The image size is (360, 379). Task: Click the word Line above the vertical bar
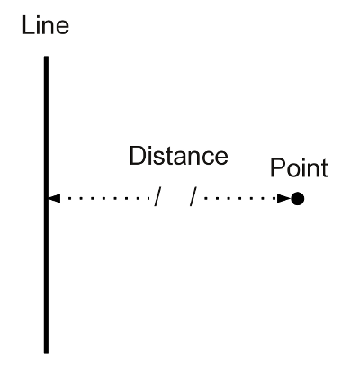tap(46, 25)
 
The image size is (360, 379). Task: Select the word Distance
tap(179, 156)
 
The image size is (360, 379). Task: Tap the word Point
tap(299, 167)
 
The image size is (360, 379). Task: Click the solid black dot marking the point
tap(298, 199)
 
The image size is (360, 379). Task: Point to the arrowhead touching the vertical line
tap(54, 198)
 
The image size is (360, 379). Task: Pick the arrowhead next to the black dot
tap(284, 198)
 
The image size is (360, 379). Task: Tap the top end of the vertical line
tap(46, 57)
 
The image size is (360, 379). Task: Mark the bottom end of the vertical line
tap(46, 352)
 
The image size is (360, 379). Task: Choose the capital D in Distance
tap(138, 156)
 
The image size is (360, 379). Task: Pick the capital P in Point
tap(277, 167)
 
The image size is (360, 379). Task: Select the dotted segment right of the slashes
tap(239, 198)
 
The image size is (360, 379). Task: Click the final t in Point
tap(325, 169)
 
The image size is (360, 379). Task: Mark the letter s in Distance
tap(161, 158)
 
